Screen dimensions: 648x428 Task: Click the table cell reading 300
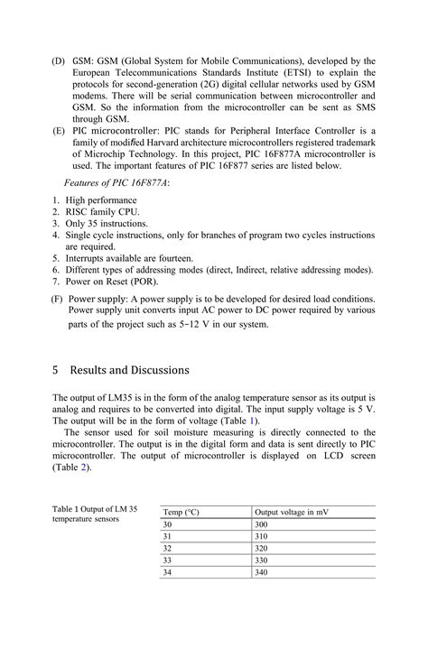262,524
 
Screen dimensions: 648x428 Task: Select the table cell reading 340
262,572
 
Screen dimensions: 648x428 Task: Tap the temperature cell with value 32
167,548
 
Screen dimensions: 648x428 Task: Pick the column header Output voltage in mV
291,512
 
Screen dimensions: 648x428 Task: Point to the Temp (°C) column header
181,512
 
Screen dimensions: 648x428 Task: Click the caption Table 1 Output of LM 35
95,509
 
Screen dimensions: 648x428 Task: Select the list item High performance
98,199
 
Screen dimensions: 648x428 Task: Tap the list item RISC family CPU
102,211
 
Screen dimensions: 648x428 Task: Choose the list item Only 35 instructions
107,223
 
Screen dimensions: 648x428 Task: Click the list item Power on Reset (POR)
114,281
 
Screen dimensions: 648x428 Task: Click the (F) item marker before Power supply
57,298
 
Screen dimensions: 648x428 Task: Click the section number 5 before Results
55,370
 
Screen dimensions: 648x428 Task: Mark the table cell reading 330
262,560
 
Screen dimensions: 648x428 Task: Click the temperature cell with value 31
167,536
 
